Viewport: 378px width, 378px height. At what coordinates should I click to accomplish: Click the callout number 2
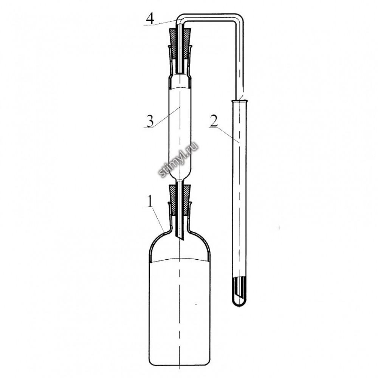tap(214, 121)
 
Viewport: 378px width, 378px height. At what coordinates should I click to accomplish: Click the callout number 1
tap(150, 201)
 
